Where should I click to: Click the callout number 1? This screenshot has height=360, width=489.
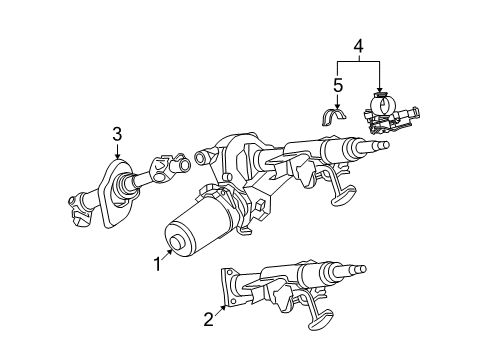point(156,264)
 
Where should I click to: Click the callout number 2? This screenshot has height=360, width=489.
point(208,321)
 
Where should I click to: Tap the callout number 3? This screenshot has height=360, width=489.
point(117,134)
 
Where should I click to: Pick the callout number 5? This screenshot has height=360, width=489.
point(337,86)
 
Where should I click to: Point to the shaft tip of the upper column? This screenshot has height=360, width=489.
point(384,144)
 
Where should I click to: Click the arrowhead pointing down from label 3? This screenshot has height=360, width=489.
point(118,157)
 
